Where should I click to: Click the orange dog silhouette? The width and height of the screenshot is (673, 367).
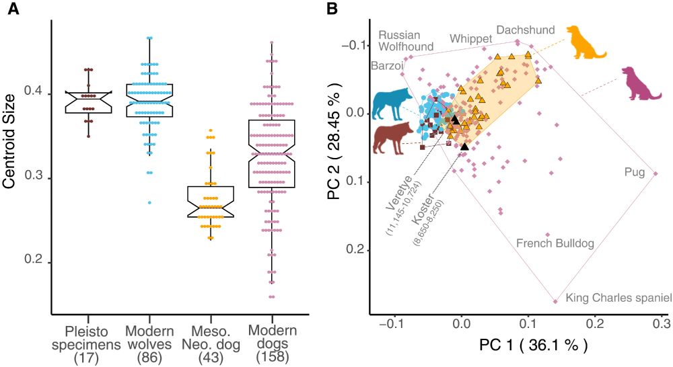(x=585, y=42)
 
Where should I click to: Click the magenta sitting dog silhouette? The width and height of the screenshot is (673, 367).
(x=640, y=83)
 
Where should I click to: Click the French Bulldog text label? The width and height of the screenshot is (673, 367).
(x=555, y=243)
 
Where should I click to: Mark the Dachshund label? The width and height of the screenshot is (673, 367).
(x=525, y=30)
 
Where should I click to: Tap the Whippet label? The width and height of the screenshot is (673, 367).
(x=471, y=38)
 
